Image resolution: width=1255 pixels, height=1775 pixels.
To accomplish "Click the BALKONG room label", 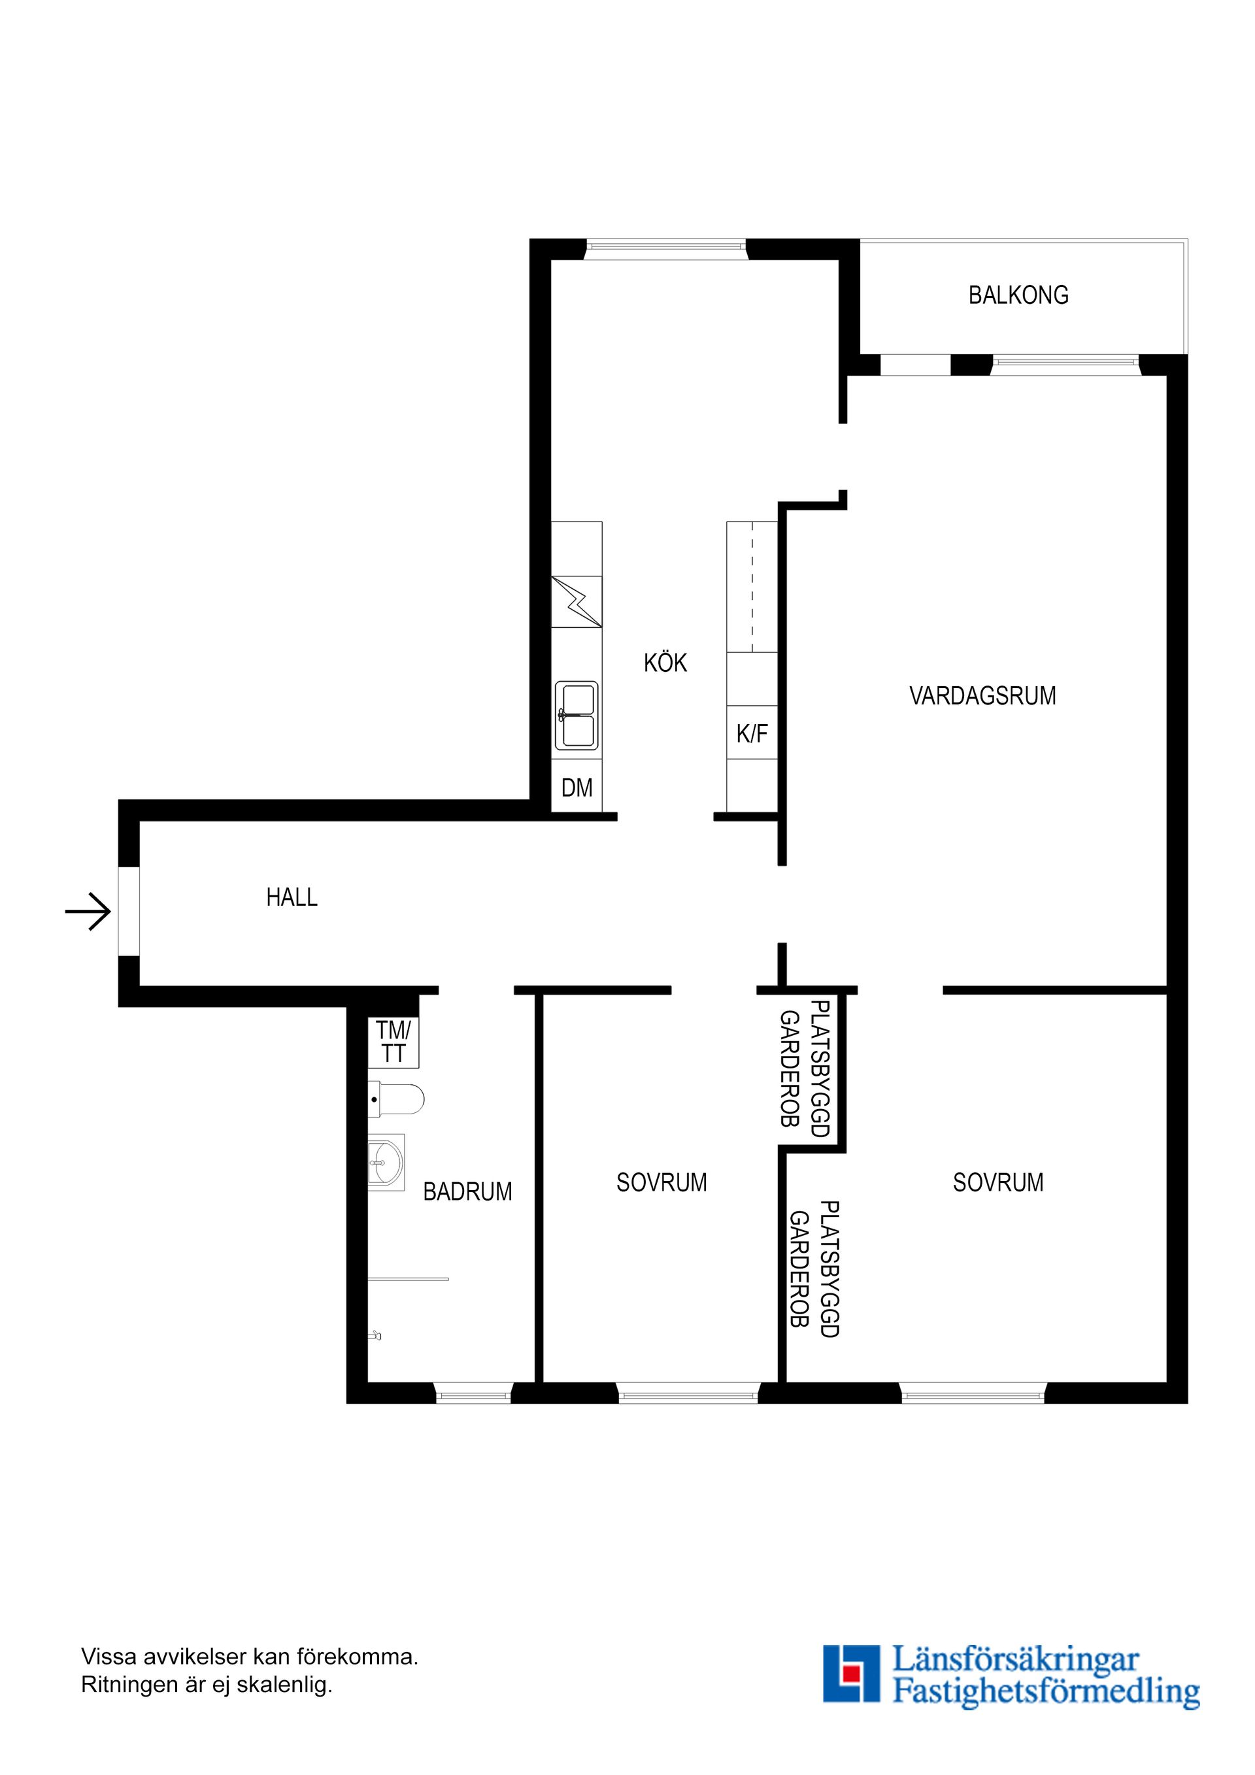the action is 1018,295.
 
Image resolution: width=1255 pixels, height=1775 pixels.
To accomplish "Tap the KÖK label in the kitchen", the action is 665,663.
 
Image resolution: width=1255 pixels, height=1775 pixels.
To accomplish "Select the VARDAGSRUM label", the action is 983,696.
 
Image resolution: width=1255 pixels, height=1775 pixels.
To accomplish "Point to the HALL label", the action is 292,897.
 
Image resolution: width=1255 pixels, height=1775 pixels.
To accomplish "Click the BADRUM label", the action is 468,1192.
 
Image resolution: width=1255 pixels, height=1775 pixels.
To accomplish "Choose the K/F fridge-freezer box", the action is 752,733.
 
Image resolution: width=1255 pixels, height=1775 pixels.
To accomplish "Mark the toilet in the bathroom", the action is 396,1099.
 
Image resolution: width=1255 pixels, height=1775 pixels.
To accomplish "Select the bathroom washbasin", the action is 386,1163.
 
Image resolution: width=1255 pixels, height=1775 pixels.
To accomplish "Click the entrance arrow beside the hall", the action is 88,912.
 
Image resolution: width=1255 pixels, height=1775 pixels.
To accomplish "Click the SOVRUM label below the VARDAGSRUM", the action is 997,1183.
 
